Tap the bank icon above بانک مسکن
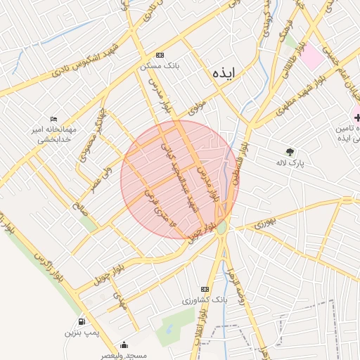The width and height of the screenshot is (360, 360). tap(160, 55)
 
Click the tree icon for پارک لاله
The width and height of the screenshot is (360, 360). tap(289, 151)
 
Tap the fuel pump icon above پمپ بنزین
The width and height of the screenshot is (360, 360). tap(83, 321)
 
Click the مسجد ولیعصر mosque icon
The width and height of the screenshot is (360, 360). tap(124, 345)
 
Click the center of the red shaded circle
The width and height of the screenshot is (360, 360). tap(179, 179)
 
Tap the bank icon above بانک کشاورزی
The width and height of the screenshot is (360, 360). tap(205, 289)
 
